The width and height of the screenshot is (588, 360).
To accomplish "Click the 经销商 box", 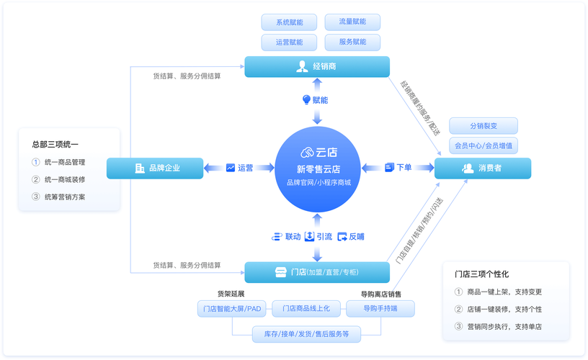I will coord(317,67).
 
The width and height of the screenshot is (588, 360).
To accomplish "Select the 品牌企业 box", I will coord(154,168).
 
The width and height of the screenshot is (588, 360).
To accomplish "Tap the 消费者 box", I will coord(483,168).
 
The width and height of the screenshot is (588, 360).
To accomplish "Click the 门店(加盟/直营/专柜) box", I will coord(317,272).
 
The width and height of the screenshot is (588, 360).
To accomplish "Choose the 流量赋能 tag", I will coord(352,22).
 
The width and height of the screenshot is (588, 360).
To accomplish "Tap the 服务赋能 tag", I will coord(352,42).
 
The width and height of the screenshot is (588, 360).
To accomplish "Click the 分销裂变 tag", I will coord(483,125).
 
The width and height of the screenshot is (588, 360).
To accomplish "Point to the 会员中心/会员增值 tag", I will coord(483,145).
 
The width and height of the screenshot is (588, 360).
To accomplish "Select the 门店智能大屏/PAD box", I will coord(232,309).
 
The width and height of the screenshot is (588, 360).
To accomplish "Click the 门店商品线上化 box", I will coord(306,309).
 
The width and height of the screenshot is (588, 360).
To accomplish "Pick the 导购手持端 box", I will coord(380,309).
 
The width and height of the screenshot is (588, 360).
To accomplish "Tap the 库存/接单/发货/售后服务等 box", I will coord(306,334).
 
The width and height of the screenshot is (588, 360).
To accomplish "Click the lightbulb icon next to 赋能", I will coord(306,100).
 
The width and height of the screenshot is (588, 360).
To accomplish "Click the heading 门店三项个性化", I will coord(481,274).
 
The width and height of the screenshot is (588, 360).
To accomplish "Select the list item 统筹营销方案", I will coord(65,197).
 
